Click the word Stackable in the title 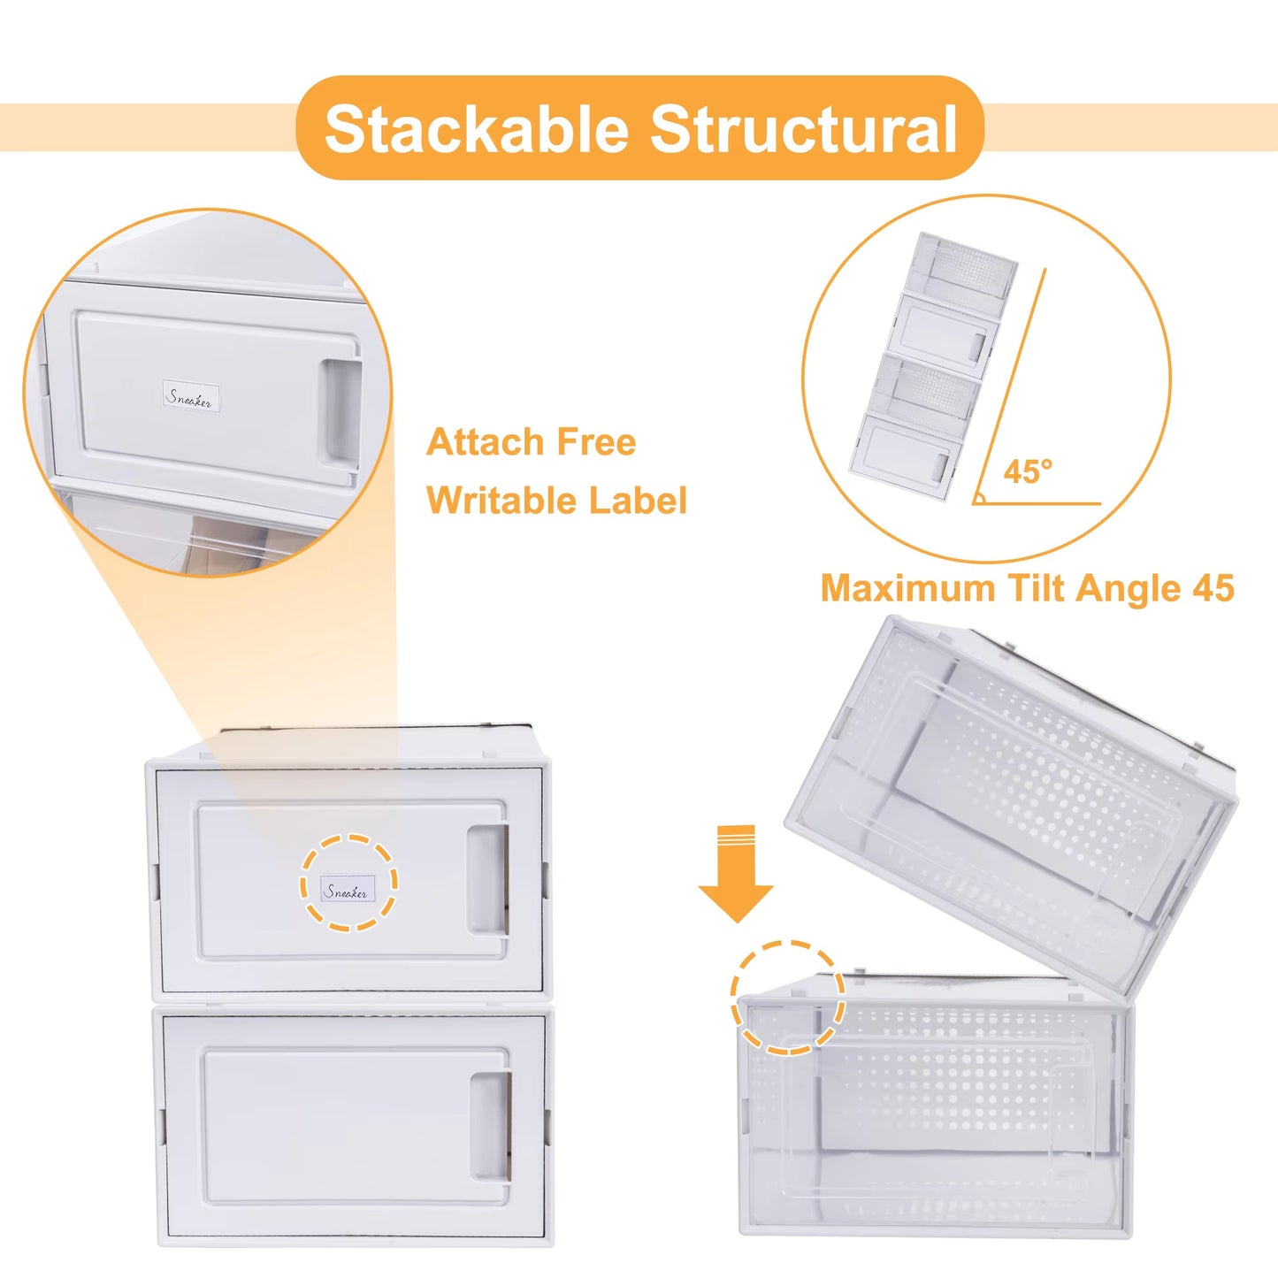coord(476,130)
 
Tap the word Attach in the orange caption coord(481,442)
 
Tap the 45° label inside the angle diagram coord(1028,471)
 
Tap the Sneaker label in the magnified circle coord(190,397)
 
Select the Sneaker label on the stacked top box coord(348,891)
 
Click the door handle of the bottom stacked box coord(490,1126)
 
